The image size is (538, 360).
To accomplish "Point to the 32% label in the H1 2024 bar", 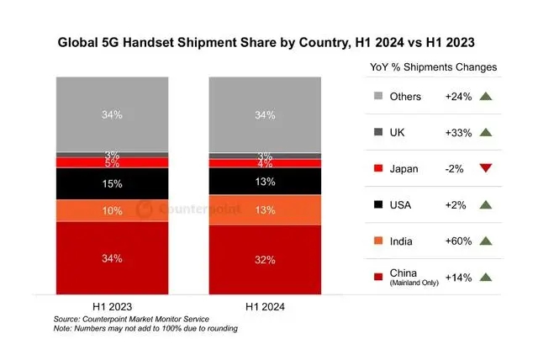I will [265, 260].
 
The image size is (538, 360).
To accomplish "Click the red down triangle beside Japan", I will [484, 168].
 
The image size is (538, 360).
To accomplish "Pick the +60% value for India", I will [457, 241].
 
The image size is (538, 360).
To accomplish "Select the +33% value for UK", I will [457, 132].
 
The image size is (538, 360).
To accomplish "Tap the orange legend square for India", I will [376, 241].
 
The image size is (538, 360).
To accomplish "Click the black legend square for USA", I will [376, 204].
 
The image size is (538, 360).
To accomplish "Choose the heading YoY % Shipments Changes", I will [433, 66].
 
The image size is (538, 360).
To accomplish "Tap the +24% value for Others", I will [457, 96].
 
